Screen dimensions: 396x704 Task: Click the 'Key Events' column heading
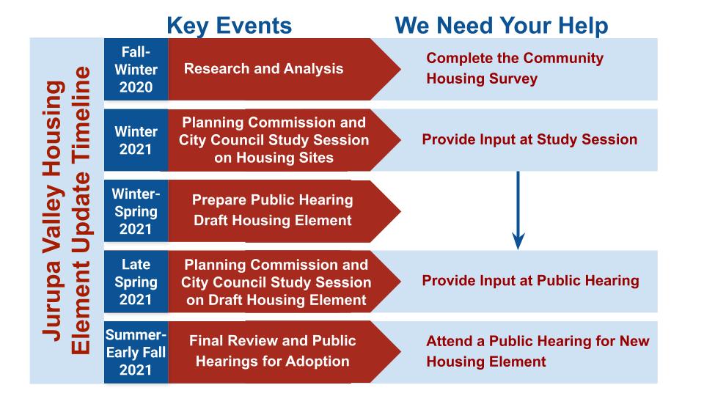click(230, 26)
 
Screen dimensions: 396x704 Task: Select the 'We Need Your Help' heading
click(501, 26)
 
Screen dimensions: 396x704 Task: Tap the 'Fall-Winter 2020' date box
click(136, 70)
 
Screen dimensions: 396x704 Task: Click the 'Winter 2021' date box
click(136, 140)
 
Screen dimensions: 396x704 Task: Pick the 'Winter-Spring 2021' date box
click(136, 211)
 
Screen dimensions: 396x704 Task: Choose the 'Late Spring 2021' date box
click(136, 282)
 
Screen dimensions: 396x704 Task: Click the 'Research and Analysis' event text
click(263, 70)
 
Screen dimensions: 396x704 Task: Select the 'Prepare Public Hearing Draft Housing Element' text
click(272, 210)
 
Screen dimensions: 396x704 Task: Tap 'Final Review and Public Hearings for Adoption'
click(272, 351)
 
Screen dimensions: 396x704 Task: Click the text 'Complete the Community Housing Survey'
click(515, 69)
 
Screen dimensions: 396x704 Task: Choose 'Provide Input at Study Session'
click(529, 139)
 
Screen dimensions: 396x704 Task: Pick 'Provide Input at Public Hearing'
click(530, 281)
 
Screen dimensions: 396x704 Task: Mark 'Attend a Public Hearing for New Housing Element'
click(538, 351)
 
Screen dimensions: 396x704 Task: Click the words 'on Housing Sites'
click(274, 157)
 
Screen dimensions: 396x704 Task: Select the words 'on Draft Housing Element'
click(275, 299)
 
